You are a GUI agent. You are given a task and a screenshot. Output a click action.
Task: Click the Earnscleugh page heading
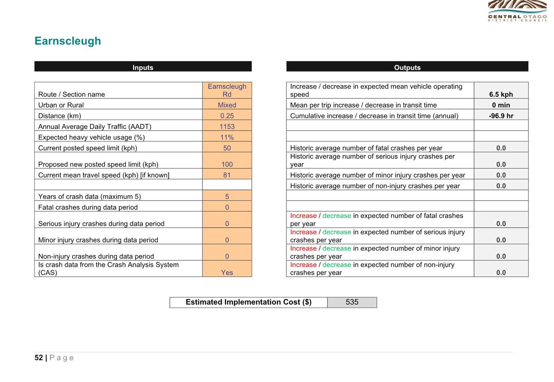68,41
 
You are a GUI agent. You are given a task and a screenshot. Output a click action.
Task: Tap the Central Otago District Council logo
517,11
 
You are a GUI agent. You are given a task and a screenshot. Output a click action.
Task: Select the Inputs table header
143,67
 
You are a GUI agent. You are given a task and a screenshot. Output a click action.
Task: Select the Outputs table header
407,67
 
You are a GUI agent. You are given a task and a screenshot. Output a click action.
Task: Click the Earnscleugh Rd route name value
227,90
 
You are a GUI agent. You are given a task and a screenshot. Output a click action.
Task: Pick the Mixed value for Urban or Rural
227,105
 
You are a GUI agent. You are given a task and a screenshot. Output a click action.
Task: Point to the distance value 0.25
227,116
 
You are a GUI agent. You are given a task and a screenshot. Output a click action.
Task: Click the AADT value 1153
227,127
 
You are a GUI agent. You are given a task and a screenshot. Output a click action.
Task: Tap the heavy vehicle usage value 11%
227,137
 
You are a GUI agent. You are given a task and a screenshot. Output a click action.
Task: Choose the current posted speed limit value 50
227,148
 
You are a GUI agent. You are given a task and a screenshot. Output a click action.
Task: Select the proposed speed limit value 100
227,164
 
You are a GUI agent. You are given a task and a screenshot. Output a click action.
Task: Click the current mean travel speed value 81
227,175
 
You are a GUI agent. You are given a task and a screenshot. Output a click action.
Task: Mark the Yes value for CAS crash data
227,273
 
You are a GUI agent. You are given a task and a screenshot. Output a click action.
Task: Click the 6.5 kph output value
501,94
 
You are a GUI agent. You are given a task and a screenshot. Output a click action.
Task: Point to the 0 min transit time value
501,105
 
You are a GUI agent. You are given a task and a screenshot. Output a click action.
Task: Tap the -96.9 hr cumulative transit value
501,116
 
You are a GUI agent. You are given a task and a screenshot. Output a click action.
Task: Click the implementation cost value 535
352,302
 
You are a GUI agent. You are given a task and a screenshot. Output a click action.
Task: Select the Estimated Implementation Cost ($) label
248,302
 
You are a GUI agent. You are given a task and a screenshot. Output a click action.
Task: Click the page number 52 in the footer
39,358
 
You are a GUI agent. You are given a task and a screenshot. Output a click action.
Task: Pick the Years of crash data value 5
227,196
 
